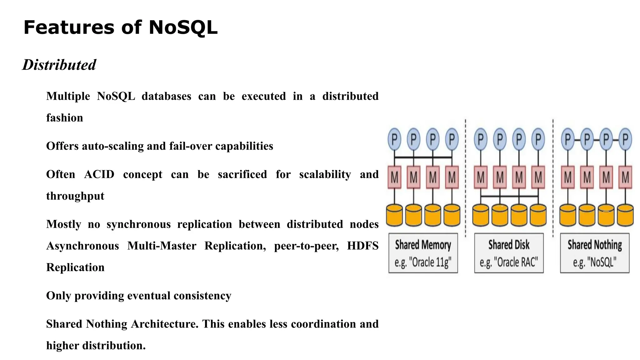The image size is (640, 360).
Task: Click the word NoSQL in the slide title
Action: point(183,27)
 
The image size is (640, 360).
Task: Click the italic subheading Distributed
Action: point(59,65)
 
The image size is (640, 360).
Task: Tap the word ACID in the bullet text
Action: point(99,174)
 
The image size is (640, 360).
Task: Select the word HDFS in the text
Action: point(362,246)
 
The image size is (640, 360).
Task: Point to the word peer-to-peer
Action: point(306,246)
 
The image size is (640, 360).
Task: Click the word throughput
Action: point(75,196)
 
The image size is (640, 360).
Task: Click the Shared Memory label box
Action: point(423,253)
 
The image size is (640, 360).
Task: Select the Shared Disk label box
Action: point(509,253)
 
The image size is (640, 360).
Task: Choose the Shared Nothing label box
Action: point(594,253)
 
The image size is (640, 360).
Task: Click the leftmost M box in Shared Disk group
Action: point(481,177)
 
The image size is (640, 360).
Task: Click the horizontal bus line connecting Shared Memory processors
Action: point(423,157)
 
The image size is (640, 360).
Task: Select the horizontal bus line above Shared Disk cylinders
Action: point(509,196)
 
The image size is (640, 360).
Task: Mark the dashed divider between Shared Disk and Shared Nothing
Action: point(553,178)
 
